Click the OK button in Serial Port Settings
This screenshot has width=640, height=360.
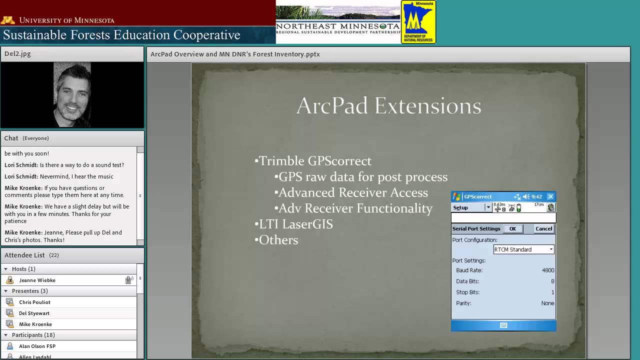512,229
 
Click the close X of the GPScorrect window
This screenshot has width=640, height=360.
550,196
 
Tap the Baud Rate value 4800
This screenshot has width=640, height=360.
547,270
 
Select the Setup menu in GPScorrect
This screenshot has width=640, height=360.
461,207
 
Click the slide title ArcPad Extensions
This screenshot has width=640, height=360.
388,106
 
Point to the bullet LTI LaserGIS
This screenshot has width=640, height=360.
295,224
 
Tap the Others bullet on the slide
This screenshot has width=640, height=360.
278,240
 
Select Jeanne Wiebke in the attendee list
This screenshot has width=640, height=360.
37,280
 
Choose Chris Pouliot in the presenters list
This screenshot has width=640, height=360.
34,302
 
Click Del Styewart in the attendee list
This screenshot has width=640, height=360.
34,313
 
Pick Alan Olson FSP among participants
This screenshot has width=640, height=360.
37,346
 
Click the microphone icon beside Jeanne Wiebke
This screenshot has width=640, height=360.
128,280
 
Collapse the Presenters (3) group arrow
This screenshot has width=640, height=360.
6,291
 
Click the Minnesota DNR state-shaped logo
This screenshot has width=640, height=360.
418,21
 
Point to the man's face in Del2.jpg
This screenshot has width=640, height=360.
72,92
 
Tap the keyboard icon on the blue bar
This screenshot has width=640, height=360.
503,325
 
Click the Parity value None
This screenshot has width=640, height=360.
547,303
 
